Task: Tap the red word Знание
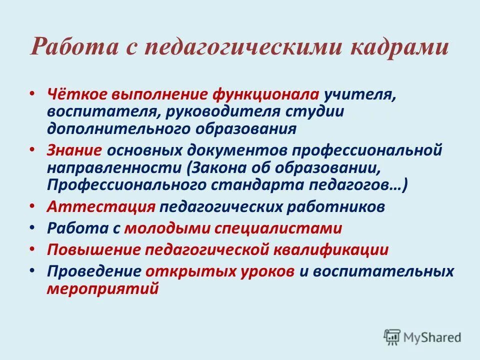pos(75,150)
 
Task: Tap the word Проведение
pos(94,271)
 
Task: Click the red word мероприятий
pos(103,288)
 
